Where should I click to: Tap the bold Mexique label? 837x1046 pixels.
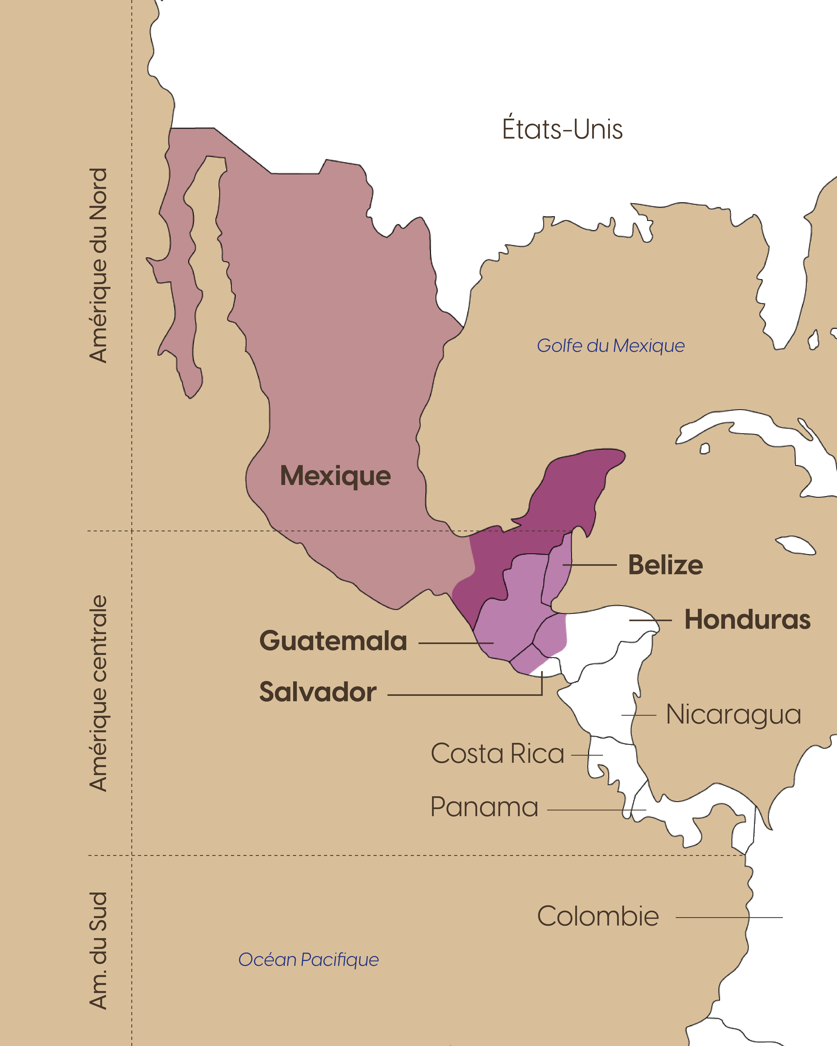click(x=335, y=476)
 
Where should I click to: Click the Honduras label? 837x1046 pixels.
click(x=747, y=620)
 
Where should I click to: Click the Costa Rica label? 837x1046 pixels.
click(x=497, y=753)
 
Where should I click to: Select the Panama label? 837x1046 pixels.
click(x=484, y=807)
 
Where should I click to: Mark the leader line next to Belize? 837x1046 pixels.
click(x=590, y=565)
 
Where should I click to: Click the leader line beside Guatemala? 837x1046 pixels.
click(x=456, y=643)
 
